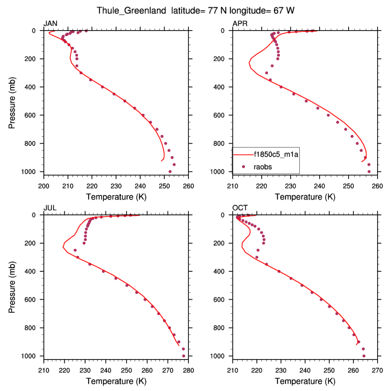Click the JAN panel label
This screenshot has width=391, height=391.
click(x=51, y=23)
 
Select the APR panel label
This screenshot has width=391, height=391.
click(x=240, y=23)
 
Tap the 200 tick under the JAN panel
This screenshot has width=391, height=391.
click(x=43, y=186)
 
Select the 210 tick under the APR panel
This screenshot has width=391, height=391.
click(x=233, y=186)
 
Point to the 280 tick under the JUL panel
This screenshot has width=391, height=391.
click(x=188, y=370)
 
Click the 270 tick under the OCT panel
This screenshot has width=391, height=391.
click(x=378, y=370)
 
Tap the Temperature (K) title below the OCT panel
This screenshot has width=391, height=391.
click(x=305, y=381)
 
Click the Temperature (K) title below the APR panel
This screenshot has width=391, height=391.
click(x=305, y=196)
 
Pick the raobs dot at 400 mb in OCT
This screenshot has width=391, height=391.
click(x=279, y=271)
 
